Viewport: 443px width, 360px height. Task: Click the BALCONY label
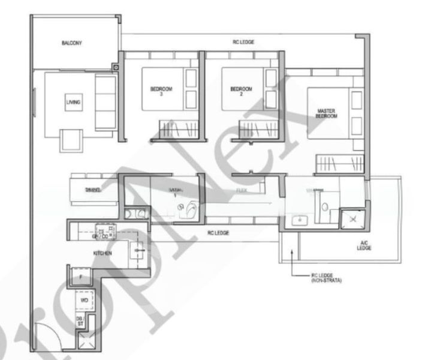pyautogui.click(x=71, y=43)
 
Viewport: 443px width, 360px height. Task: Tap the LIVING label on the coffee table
pyautogui.click(x=73, y=102)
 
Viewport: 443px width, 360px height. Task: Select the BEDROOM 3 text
pyautogui.click(x=161, y=91)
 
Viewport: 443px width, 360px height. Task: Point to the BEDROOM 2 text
pyautogui.click(x=241, y=91)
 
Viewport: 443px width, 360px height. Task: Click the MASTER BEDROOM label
pyautogui.click(x=327, y=113)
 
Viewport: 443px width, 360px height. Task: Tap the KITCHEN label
pyautogui.click(x=101, y=253)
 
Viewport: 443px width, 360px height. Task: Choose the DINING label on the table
pyautogui.click(x=92, y=190)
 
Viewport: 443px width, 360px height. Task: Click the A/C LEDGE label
pyautogui.click(x=364, y=244)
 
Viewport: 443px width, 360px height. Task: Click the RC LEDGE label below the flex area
pyautogui.click(x=218, y=232)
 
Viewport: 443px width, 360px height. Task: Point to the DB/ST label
pyautogui.click(x=80, y=320)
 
